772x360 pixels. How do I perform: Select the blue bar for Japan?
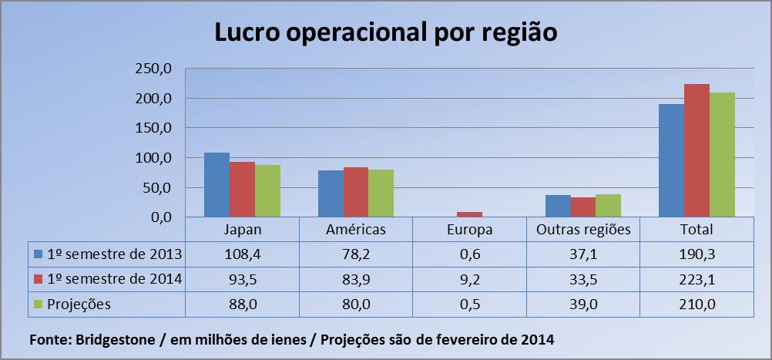216,185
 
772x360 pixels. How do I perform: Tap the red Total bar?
696,151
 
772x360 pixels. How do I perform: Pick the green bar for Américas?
381,193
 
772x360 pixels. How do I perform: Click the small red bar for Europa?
470,214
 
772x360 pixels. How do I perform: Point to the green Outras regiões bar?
608,206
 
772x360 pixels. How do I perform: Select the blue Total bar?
671,160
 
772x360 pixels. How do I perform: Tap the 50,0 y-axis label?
160,188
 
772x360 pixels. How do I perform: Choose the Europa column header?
470,229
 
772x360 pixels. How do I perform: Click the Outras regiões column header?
584,229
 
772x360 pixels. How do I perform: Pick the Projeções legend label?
79,304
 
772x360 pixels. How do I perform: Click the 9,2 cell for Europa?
470,279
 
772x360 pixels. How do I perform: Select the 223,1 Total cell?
698,279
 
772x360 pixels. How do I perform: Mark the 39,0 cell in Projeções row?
584,304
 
